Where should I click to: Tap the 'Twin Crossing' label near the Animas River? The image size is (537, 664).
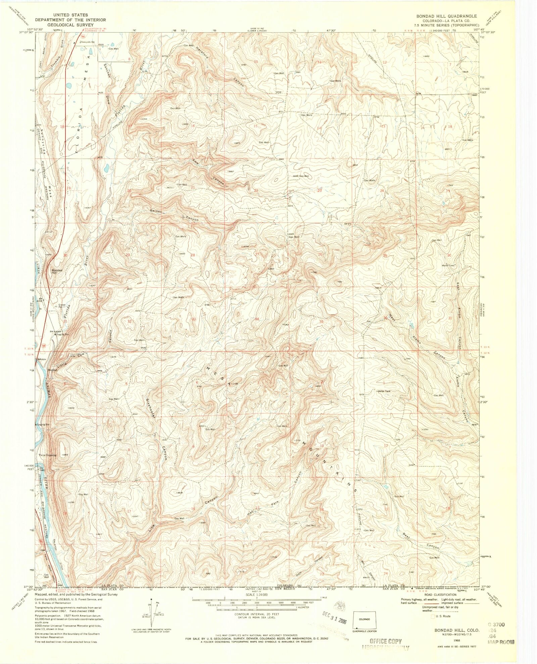(x=48, y=455)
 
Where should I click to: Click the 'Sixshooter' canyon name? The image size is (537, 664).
(x=150, y=408)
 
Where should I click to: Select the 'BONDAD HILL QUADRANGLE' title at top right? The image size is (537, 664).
(x=446, y=16)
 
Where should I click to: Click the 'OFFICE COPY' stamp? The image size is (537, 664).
(x=385, y=641)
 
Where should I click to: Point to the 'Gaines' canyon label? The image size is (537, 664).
(x=156, y=211)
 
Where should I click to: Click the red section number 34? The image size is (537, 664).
(x=257, y=319)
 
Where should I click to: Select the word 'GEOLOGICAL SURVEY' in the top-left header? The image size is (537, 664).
(x=70, y=25)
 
